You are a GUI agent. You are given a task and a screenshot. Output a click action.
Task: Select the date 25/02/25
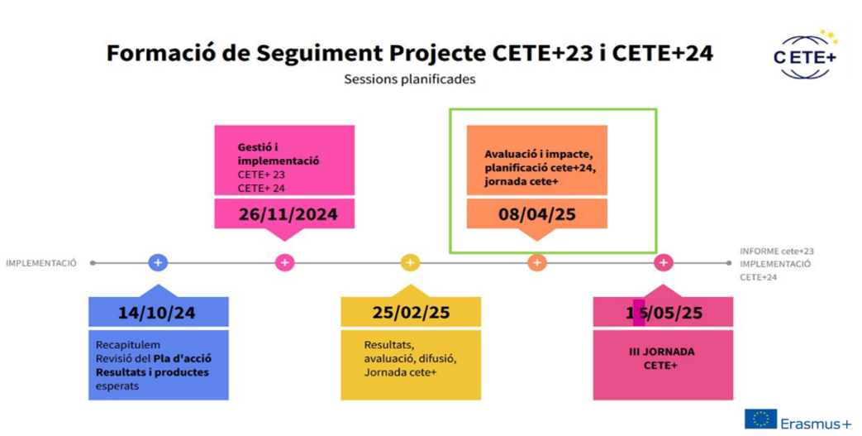click(411, 313)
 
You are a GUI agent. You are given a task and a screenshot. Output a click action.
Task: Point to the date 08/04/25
click(536, 214)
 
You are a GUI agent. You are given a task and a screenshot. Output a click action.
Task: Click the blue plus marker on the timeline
click(159, 263)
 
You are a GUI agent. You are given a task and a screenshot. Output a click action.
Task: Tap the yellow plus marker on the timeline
click(411, 263)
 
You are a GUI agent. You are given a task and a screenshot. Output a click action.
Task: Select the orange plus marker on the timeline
click(536, 263)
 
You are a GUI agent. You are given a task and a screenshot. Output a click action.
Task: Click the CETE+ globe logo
click(802, 56)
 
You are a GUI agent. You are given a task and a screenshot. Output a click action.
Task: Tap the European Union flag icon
click(760, 419)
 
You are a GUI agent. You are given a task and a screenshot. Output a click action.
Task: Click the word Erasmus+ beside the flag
click(815, 422)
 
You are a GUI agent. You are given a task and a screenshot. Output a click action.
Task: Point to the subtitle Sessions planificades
click(410, 80)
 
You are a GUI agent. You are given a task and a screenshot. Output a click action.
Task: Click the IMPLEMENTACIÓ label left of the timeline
click(41, 263)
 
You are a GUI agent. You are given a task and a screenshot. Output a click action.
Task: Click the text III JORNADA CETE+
click(662, 357)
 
